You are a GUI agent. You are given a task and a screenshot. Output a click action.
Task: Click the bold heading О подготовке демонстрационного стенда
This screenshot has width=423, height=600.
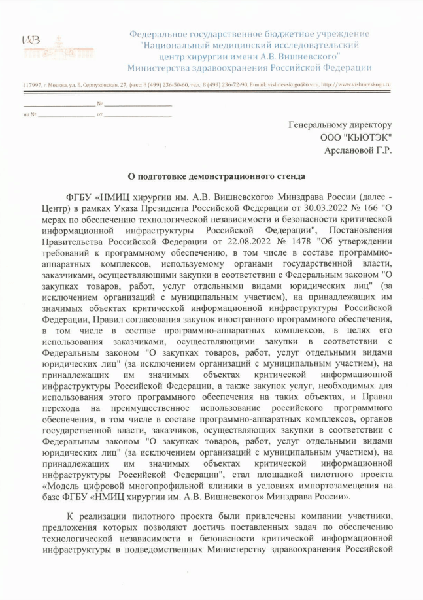tap(216, 176)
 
